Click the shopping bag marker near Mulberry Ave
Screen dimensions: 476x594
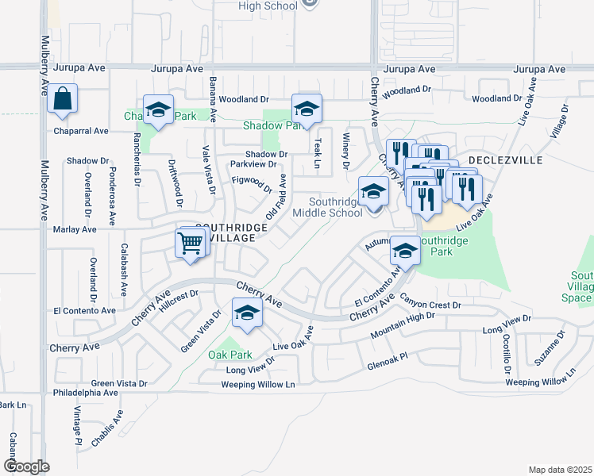[x=62, y=100]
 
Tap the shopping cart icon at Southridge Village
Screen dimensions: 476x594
[x=190, y=245]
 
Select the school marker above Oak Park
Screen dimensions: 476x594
[x=247, y=315]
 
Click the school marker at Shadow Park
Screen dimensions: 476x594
[x=306, y=109]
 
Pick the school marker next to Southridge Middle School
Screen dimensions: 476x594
[x=373, y=193]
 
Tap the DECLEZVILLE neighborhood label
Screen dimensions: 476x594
[x=506, y=159]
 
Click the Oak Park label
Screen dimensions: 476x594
[x=229, y=355]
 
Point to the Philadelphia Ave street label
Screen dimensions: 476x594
[x=85, y=393]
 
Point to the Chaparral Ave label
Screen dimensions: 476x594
[x=81, y=130]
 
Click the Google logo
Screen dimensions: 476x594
[x=26, y=466]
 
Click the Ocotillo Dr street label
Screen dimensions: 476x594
[x=507, y=347]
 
